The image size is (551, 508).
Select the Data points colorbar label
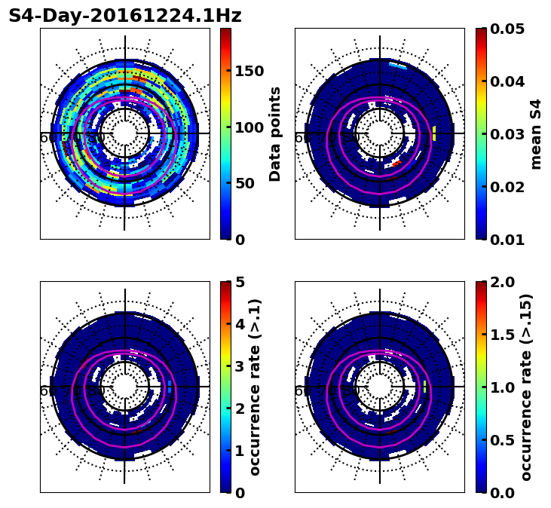275,133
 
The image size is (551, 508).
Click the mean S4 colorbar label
536,133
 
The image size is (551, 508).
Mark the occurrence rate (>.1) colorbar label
255,387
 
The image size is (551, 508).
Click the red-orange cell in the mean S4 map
396,162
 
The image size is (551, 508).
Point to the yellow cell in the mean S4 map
434,133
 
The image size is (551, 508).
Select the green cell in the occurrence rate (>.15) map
425,387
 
